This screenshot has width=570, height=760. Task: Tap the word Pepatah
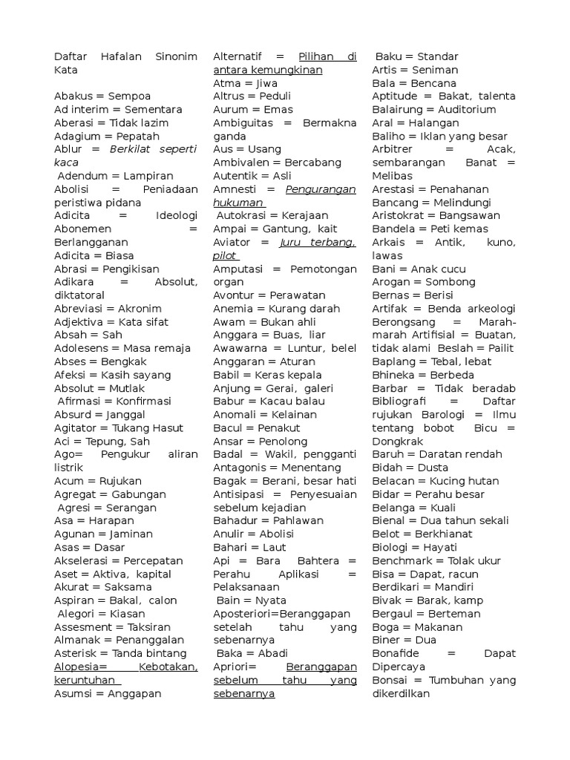click(138, 137)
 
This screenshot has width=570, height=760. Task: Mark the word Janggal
click(125, 415)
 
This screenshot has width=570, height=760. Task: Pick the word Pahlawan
click(299, 521)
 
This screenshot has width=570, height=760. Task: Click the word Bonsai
click(389, 681)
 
